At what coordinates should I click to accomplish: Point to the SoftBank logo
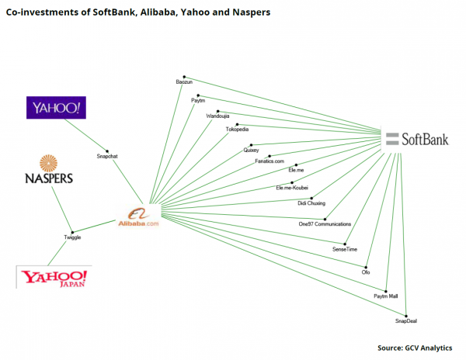(x=419, y=139)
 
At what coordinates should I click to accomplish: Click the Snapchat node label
(x=107, y=155)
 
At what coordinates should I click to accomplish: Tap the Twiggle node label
(x=72, y=237)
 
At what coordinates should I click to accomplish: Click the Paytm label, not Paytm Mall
(x=199, y=101)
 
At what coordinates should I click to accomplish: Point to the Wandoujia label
(x=217, y=116)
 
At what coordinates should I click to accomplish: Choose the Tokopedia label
(x=237, y=130)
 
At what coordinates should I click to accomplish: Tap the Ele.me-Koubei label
(x=292, y=188)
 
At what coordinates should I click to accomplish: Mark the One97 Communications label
(x=325, y=223)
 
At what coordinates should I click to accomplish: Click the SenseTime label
(x=346, y=249)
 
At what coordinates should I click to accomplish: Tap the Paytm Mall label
(x=386, y=296)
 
